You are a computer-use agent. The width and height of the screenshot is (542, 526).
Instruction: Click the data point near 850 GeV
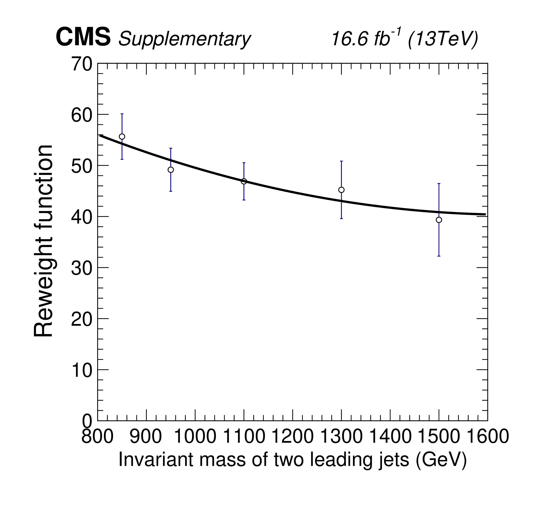(122, 137)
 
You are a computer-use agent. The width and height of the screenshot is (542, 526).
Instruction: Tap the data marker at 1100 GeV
(244, 181)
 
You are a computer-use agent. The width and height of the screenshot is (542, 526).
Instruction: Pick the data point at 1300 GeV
(341, 190)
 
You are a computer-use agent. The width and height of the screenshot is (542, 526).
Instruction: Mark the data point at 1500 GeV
(439, 220)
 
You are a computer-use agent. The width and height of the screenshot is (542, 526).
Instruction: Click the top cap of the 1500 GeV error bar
(439, 184)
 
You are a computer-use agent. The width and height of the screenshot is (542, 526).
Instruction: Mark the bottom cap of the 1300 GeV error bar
(341, 219)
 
